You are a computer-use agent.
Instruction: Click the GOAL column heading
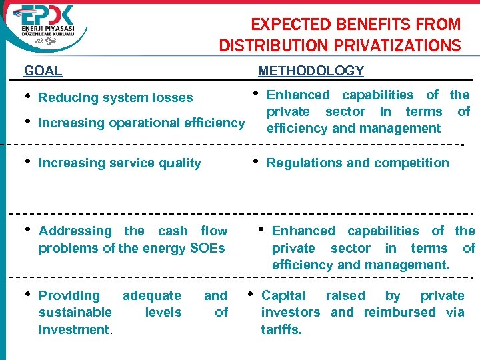43,71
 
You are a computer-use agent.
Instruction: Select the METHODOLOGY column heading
311,71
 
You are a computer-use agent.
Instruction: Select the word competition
413,163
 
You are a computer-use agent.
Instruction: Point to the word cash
173,231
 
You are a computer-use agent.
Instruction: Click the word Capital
283,295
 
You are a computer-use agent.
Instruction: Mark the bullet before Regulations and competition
257,161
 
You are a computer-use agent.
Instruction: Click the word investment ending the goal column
73,329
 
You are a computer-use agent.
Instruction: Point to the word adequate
151,295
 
